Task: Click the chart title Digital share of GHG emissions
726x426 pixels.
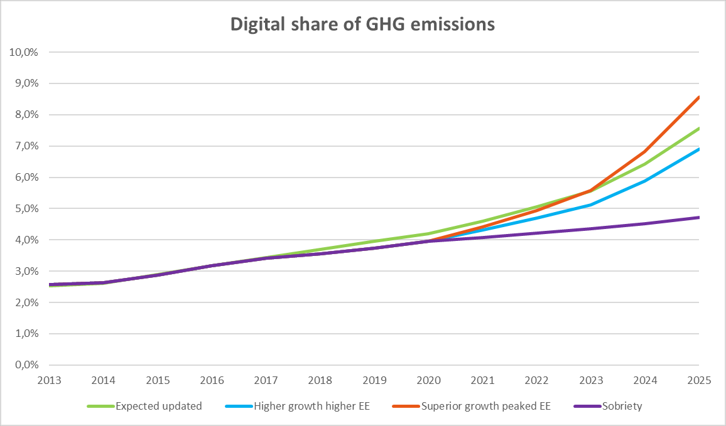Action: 362,24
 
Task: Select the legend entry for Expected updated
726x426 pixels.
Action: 158,406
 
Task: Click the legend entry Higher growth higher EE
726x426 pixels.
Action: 312,406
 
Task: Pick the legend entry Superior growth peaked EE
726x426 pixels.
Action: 486,406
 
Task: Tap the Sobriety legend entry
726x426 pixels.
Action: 622,406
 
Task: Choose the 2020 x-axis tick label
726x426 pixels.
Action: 428,380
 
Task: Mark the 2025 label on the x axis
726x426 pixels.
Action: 698,380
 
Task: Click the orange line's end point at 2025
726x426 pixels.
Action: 698,97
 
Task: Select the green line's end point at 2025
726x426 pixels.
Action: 698,129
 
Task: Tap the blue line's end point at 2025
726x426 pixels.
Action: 698,149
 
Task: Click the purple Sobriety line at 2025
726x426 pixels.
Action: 698,218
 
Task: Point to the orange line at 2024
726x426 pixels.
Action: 645,152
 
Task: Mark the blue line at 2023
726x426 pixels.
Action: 590,205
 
